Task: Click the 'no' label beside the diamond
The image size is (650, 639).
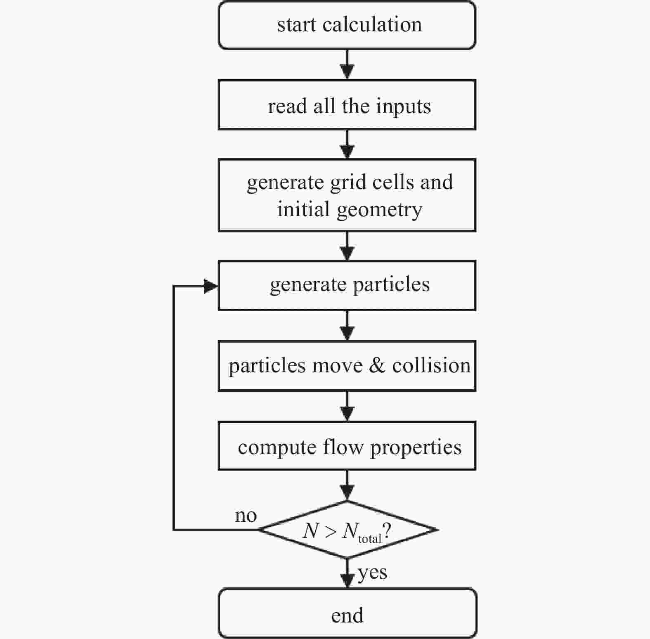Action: (246, 515)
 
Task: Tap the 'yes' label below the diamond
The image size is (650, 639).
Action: (372, 573)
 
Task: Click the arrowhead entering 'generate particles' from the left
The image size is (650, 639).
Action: (211, 286)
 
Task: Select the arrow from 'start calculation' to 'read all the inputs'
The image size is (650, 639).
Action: (347, 65)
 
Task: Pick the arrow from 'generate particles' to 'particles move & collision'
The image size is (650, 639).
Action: (347, 326)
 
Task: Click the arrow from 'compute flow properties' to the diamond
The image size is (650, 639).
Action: (347, 485)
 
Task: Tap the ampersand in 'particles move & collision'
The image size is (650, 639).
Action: (377, 365)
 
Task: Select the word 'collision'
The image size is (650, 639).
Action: (431, 365)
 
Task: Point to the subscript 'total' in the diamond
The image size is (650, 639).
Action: (370, 539)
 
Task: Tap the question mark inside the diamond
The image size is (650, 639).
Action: (387, 531)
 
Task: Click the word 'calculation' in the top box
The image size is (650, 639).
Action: (372, 24)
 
